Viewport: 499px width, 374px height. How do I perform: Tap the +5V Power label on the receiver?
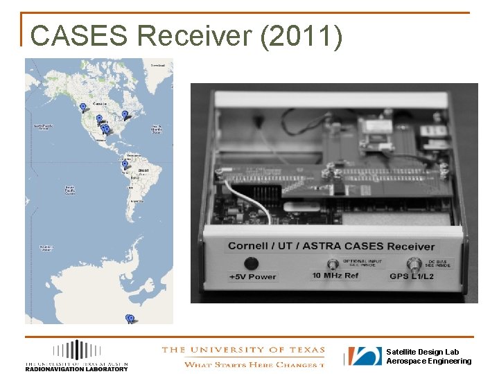click(252, 277)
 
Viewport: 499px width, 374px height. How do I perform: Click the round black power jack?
click(252, 263)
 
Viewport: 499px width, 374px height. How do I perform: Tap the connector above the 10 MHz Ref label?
click(330, 264)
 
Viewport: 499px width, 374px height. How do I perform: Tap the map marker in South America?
click(125, 165)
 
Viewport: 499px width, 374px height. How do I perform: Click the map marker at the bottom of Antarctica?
click(130, 319)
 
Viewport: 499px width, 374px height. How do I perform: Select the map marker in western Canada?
click(82, 107)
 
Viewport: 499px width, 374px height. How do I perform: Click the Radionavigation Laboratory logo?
click(76, 356)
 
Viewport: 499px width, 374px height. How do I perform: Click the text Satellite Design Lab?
click(422, 352)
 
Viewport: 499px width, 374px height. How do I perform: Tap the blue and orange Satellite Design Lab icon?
click(365, 356)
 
